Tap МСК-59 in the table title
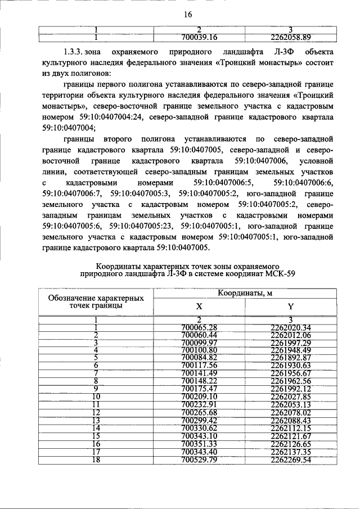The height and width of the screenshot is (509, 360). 276,273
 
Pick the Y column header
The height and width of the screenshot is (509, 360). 290,307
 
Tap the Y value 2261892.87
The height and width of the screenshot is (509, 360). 290,357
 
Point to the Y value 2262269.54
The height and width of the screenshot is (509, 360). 290,460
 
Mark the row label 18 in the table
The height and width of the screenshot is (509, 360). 96,460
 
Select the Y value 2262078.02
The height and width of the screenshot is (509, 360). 290,412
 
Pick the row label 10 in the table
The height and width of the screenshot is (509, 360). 96,395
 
